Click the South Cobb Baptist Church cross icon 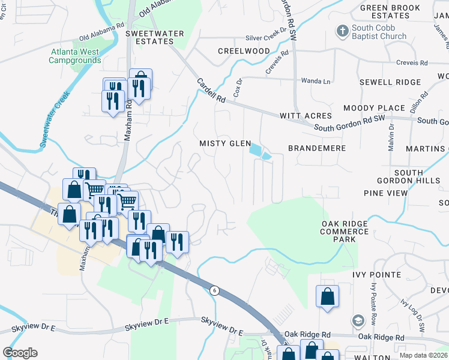342,31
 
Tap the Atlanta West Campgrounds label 75,56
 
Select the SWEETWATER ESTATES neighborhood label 149,38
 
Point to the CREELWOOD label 244,51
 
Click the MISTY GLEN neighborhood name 225,143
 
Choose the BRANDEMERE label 317,148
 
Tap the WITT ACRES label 306,115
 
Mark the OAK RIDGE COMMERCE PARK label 345,231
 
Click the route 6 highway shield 214,290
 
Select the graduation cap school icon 358,321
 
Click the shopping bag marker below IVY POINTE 327,296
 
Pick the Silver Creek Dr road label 267,37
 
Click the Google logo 20,353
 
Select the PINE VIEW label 385,193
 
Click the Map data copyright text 423,355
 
